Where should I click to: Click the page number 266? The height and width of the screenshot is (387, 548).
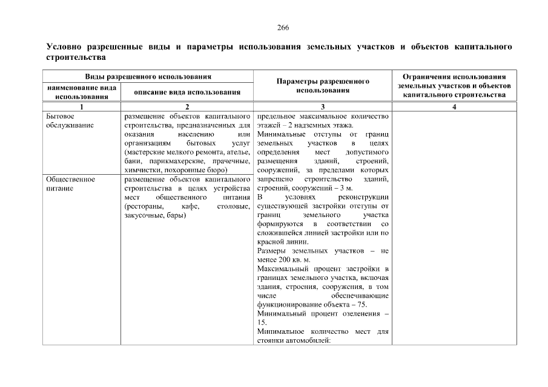click(x=283, y=28)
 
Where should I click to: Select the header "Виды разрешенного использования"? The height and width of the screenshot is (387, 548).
click(x=148, y=77)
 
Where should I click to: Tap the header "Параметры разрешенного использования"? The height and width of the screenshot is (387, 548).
click(x=323, y=85)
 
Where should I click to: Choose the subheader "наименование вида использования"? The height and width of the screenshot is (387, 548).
click(x=81, y=92)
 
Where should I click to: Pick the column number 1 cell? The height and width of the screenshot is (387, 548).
click(x=81, y=106)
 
